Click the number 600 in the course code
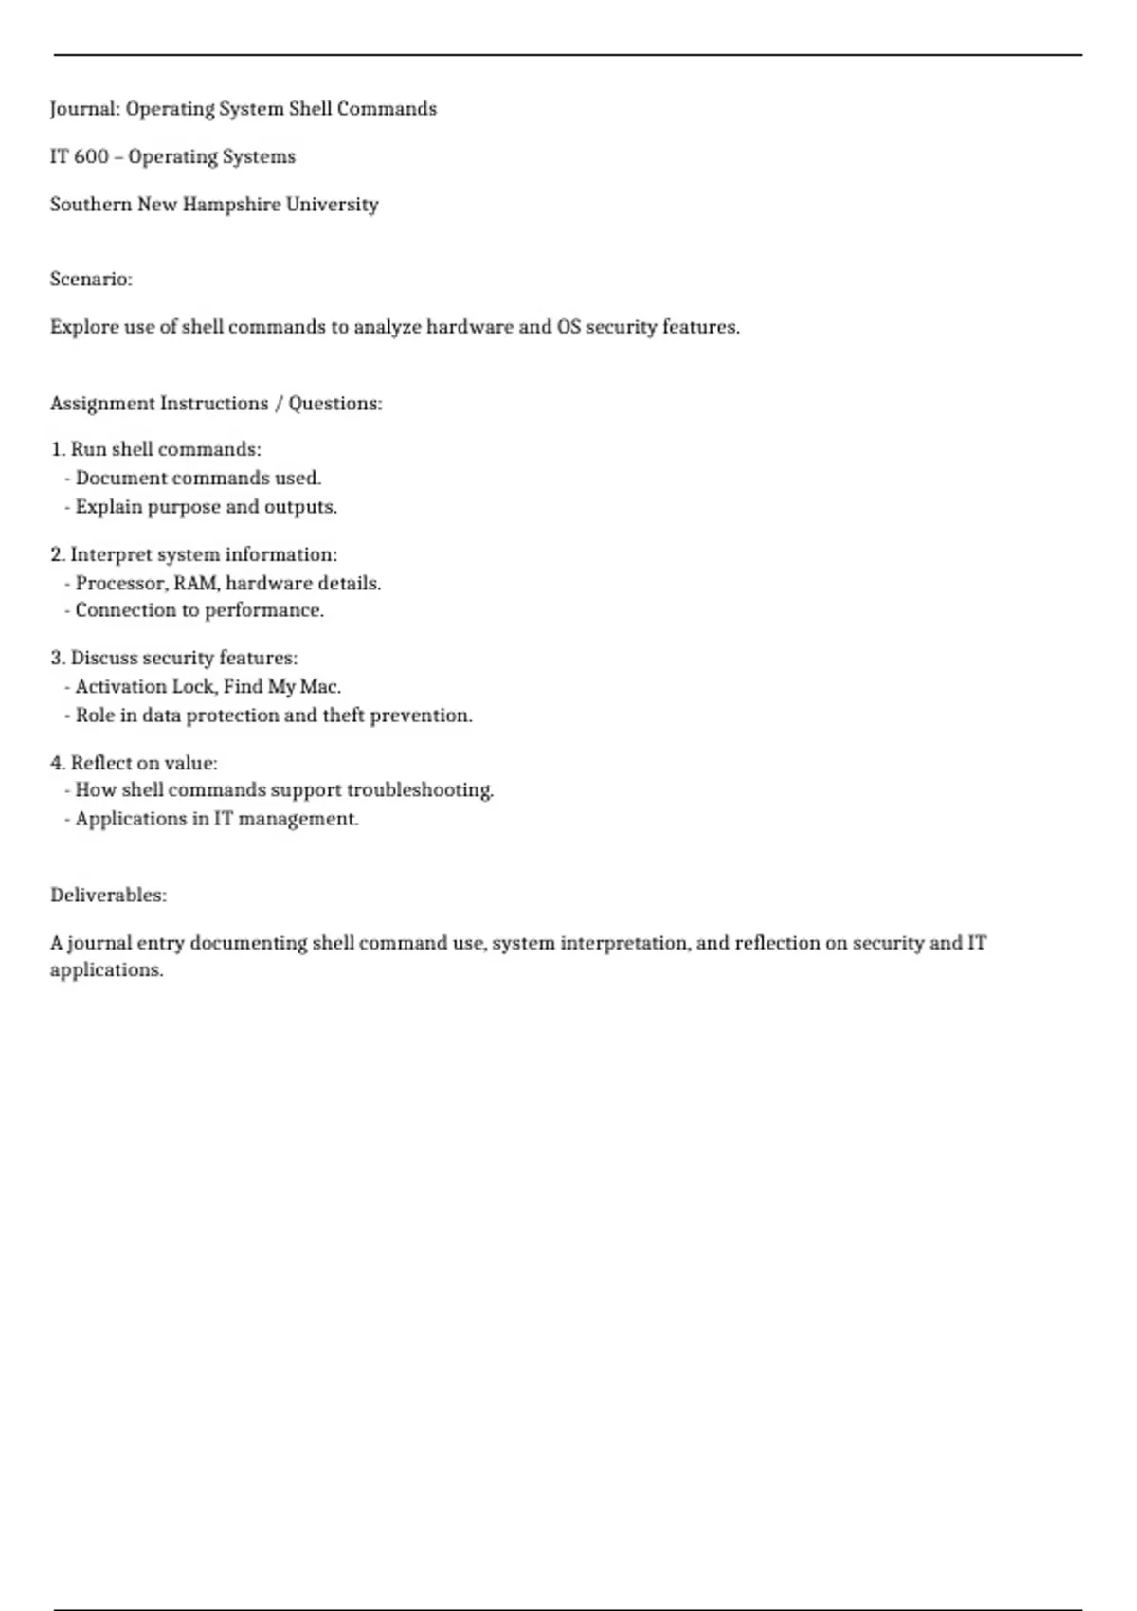tap(91, 157)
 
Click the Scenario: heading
tap(91, 280)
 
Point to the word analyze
tap(387, 327)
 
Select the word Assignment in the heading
tap(102, 404)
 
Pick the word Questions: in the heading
tap(335, 404)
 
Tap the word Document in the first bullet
tap(120, 479)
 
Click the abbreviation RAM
tap(196, 584)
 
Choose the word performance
tap(264, 610)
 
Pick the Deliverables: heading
tap(108, 896)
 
